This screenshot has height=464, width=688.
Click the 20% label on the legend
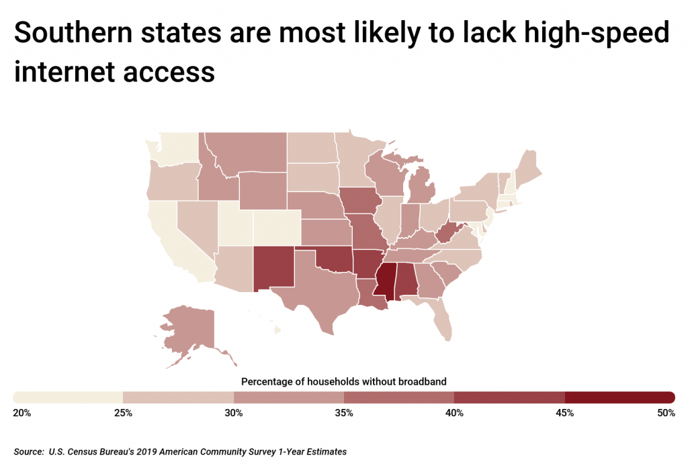click(22, 413)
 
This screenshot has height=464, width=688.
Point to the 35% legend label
click(344, 413)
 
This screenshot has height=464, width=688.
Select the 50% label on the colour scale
click(666, 413)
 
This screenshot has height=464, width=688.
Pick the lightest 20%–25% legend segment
click(68, 397)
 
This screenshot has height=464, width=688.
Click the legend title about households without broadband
click(343, 381)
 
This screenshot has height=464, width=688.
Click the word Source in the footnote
click(29, 452)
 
